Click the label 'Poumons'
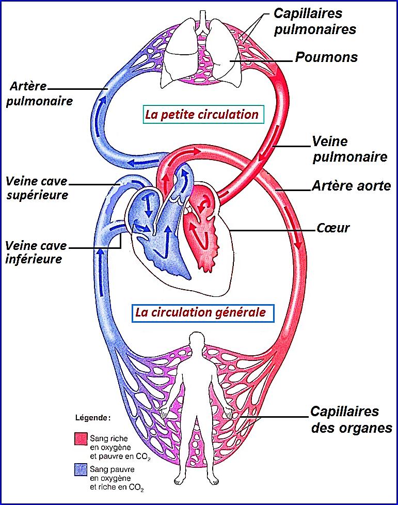tap(326, 57)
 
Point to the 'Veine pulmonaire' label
tap(349, 149)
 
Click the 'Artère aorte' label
tap(351, 185)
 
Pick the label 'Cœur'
tap(333, 227)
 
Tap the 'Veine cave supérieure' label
tap(37, 188)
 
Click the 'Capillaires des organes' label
tap(351, 420)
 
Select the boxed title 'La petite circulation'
tap(201, 114)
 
